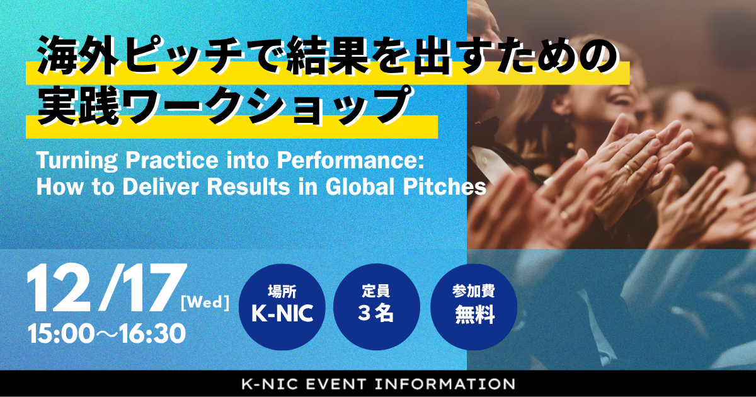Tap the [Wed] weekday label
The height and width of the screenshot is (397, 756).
point(204,303)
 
